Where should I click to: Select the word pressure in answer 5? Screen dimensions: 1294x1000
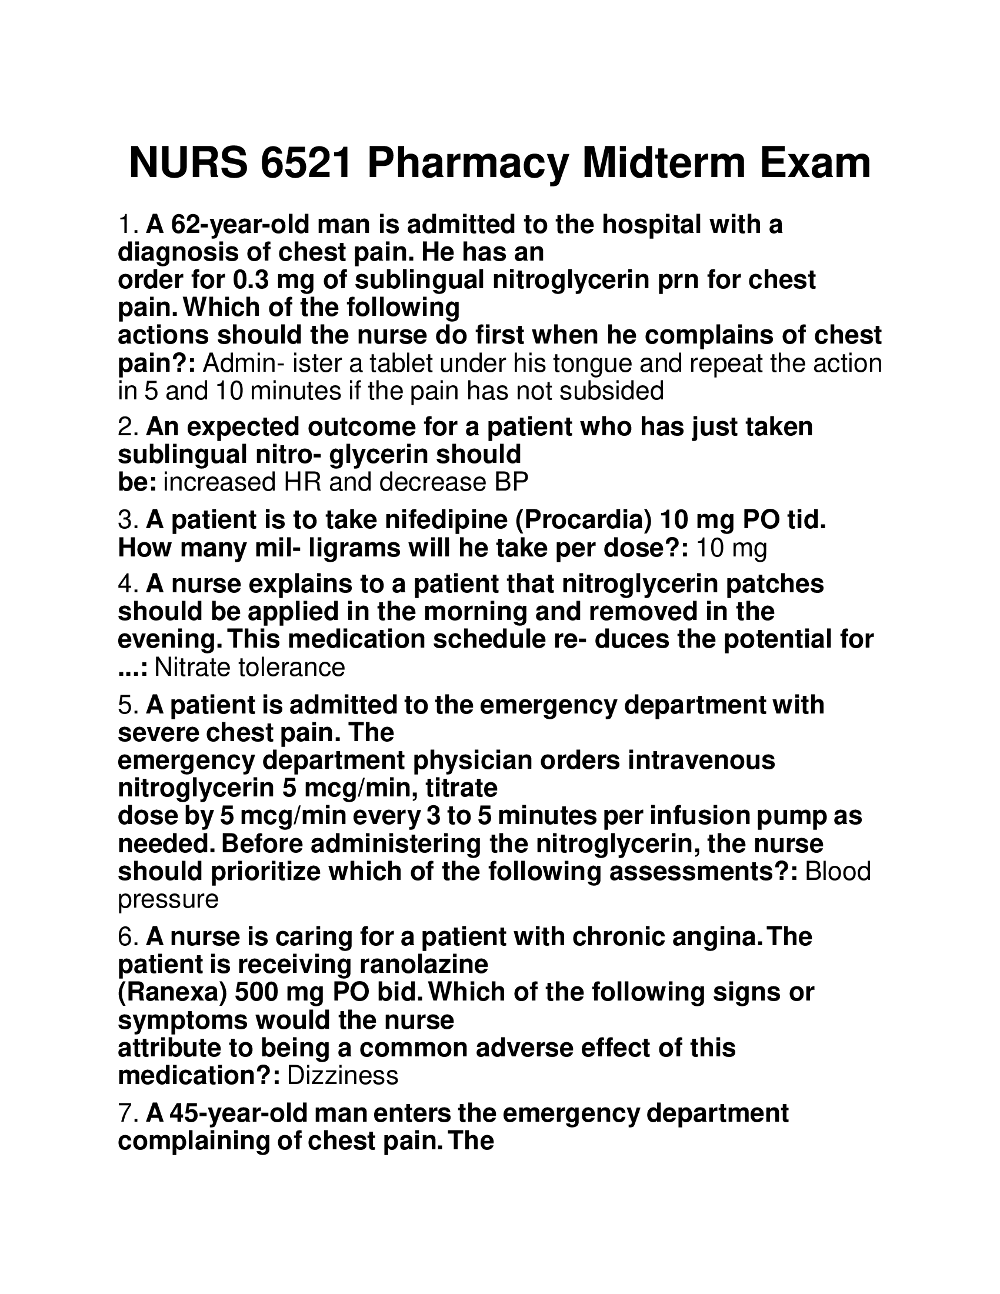coord(168,899)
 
